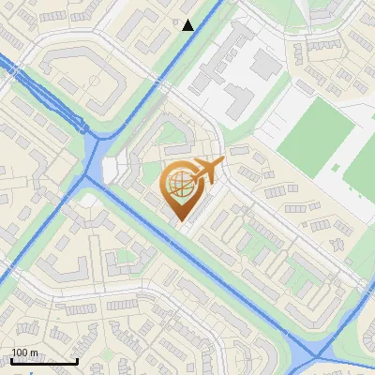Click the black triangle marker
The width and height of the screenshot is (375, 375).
pos(188,25)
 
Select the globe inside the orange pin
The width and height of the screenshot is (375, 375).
pos(179,186)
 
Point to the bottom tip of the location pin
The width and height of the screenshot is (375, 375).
pos(181,221)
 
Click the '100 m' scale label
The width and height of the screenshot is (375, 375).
pos(25,352)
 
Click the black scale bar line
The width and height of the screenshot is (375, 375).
pos(44,362)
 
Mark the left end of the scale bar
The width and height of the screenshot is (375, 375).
pos(11,362)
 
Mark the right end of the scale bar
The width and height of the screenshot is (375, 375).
pos(77,362)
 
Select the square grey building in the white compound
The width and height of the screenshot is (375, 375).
pos(266,64)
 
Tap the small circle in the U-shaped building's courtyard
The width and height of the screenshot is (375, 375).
pos(96,79)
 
